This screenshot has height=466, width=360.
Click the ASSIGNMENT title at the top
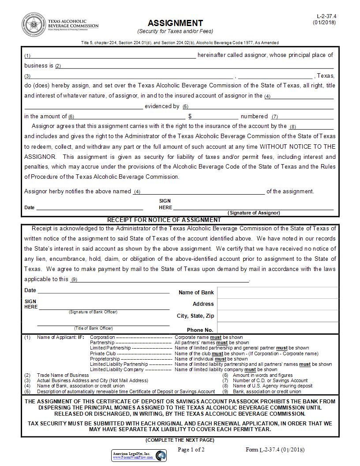tap(175, 23)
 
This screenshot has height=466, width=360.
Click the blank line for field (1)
tap(113, 56)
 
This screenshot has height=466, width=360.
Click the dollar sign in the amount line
tap(190, 116)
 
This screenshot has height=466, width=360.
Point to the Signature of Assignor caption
tap(254, 213)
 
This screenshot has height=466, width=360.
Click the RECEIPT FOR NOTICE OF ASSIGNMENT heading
tap(164, 220)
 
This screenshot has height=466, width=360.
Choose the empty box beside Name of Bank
tap(278, 293)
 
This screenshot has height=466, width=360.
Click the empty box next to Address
tap(278, 304)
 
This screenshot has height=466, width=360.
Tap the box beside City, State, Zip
tap(278, 316)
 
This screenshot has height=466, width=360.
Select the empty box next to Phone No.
tap(278, 329)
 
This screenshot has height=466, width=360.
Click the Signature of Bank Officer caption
tap(93, 312)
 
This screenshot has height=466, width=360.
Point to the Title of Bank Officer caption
tap(94, 328)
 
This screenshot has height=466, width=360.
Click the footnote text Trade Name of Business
tap(63, 375)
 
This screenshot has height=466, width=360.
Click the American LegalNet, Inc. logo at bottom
tap(139, 455)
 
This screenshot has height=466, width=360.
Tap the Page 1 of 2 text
tap(191, 450)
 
